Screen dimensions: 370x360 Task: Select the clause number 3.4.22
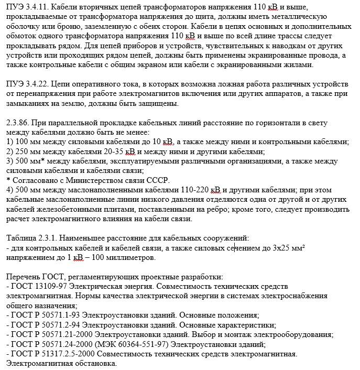[36, 85]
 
